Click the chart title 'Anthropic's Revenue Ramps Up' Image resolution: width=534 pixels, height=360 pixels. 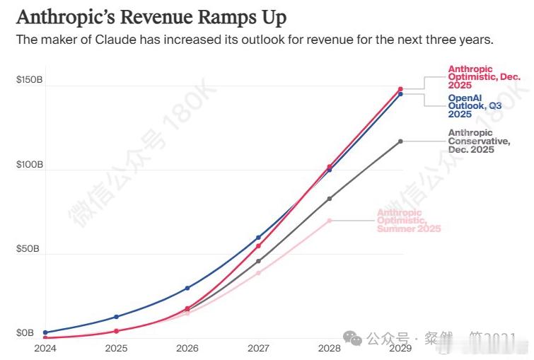(151, 16)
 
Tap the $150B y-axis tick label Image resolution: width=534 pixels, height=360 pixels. (30, 81)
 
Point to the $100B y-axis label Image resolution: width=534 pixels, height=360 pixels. (30, 165)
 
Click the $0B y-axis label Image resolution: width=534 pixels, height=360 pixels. (25, 333)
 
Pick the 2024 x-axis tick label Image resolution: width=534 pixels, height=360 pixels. (45, 349)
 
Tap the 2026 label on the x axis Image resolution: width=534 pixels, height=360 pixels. (187, 349)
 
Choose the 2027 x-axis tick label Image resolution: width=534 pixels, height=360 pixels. (258, 349)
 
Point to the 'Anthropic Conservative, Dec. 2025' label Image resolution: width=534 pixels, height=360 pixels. (479, 141)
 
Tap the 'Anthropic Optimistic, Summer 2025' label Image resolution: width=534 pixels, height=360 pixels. (409, 221)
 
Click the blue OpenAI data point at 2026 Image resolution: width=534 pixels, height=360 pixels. (187, 288)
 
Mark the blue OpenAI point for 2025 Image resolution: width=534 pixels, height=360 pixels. (116, 317)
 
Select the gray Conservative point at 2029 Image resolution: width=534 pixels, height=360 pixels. (400, 141)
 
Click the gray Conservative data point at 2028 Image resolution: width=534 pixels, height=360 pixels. (330, 199)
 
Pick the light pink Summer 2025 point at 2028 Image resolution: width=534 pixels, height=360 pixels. (330, 221)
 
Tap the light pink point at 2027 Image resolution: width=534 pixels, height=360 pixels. (258, 273)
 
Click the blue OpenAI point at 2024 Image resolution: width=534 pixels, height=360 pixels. (45, 332)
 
